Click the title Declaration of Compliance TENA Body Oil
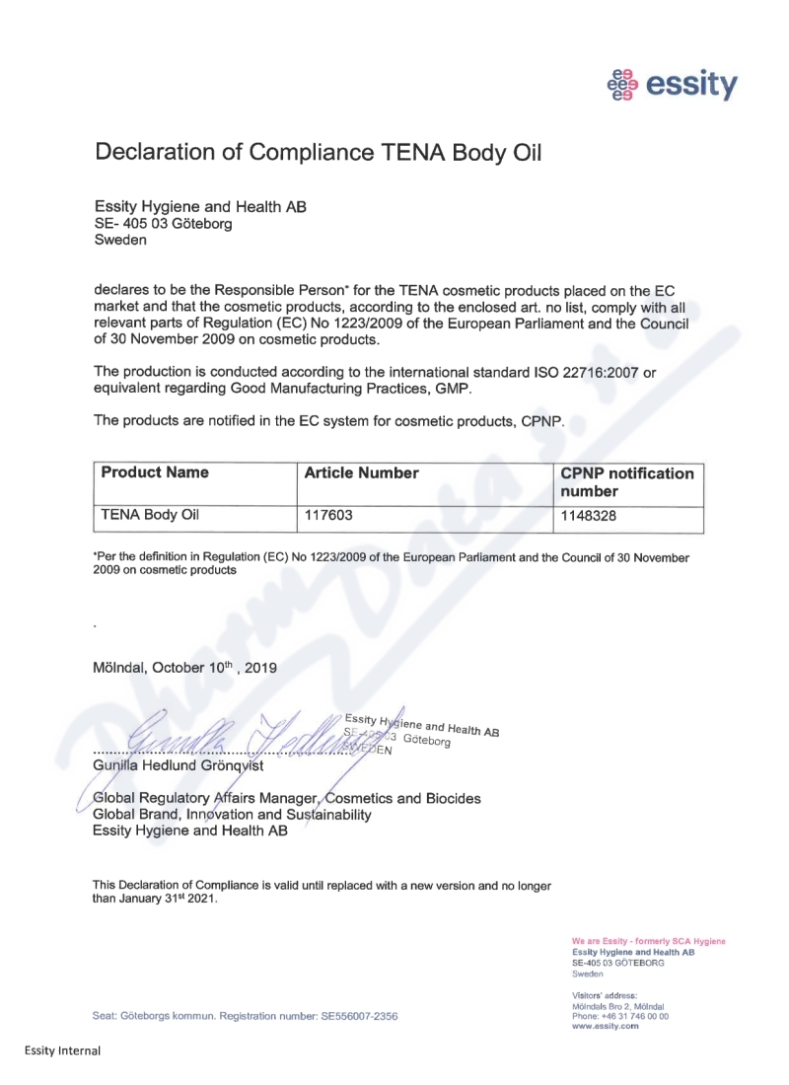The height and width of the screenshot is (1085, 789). (319, 153)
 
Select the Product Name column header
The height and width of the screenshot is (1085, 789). (155, 473)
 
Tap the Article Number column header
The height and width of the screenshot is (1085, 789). (361, 473)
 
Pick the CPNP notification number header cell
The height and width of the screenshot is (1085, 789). (626, 481)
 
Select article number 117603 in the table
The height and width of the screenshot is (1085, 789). (328, 514)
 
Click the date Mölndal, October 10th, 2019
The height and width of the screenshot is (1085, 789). (184, 667)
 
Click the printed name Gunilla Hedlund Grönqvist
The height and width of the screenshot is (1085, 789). (178, 766)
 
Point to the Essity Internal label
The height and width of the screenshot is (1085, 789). (62, 1050)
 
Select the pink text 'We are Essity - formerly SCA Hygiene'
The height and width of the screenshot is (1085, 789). (648, 941)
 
